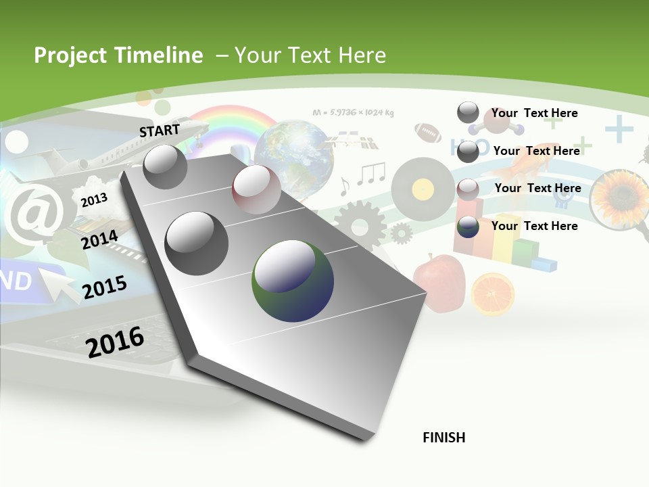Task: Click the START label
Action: [x=160, y=130]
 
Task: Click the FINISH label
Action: [x=443, y=438]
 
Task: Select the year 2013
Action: [x=94, y=200]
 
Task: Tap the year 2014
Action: [x=99, y=240]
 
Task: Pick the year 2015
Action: [x=104, y=287]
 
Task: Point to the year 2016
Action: [x=115, y=342]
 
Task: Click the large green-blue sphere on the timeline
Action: [x=292, y=281]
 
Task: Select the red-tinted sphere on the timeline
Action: [x=256, y=189]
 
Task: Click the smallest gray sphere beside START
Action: [x=165, y=166]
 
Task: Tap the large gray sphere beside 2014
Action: [x=197, y=243]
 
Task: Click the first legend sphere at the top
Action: [x=468, y=113]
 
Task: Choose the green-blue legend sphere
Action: [x=468, y=227]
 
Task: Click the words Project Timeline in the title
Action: [x=118, y=55]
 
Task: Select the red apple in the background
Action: [x=439, y=280]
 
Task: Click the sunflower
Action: [x=619, y=196]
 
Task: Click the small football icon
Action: [x=427, y=131]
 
